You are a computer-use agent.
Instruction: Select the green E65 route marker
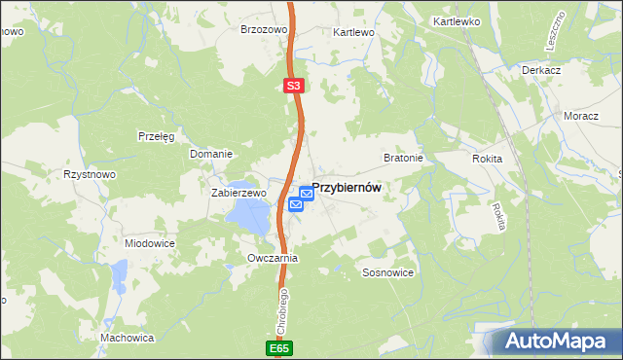pyautogui.click(x=279, y=347)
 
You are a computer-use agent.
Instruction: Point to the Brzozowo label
pyautogui.click(x=264, y=30)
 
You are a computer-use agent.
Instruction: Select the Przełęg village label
pyautogui.click(x=156, y=136)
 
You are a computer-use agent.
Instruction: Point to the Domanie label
pyautogui.click(x=210, y=154)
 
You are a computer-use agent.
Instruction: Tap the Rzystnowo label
pyautogui.click(x=90, y=174)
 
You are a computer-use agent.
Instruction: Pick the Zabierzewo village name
pyautogui.click(x=238, y=193)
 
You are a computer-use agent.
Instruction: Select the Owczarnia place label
pyautogui.click(x=273, y=259)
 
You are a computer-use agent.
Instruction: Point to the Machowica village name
pyautogui.click(x=128, y=338)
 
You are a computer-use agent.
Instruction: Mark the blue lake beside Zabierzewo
pyautogui.click(x=250, y=217)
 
